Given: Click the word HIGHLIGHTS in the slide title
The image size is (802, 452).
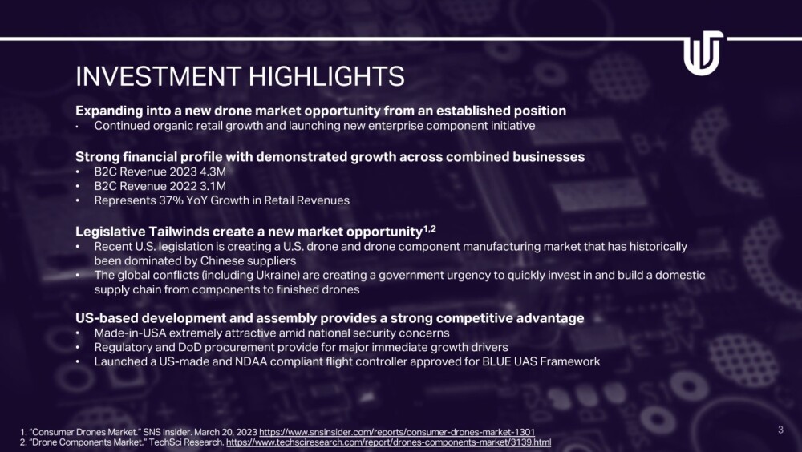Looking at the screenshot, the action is [326, 76].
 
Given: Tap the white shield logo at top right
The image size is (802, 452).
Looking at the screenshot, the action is [703, 53].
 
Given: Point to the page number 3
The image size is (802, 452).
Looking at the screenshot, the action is [780, 430].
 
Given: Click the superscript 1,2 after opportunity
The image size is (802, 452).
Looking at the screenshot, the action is [430, 228].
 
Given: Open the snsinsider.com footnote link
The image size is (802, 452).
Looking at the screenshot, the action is [397, 432].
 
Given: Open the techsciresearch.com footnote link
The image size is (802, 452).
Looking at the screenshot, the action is [389, 442].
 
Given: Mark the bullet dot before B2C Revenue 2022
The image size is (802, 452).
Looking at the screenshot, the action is [78, 187].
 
